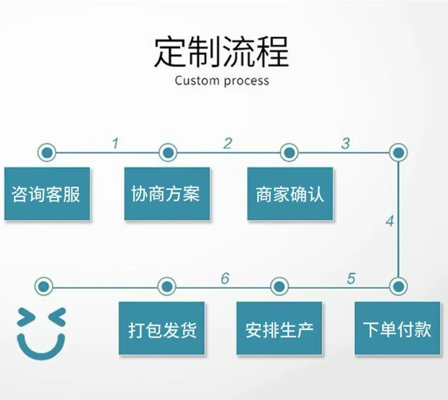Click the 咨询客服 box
[47, 193]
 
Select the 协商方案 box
[167, 193]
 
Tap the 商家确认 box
[290, 193]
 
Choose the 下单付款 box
[397, 328]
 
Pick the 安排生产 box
[279, 328]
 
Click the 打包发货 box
[162, 328]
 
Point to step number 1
[115, 143]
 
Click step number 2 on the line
[227, 143]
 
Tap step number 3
[346, 143]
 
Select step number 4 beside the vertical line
[389, 221]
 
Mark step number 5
[351, 278]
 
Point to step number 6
[225, 278]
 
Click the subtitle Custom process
[222, 81]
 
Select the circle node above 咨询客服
[47, 153]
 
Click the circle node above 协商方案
[168, 153]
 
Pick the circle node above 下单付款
[398, 287]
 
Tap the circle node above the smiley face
[43, 287]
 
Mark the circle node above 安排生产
[280, 287]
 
